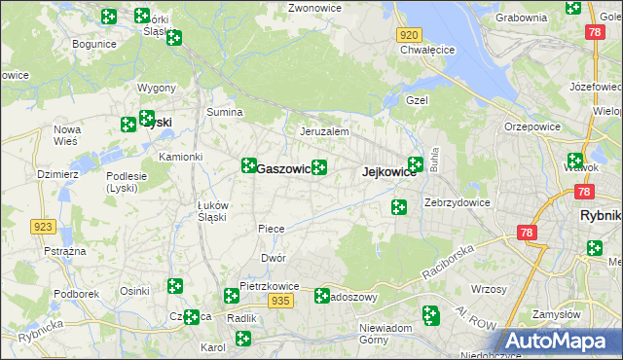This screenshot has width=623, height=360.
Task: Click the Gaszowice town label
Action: [x=283, y=169]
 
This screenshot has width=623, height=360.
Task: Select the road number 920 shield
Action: [x=409, y=34]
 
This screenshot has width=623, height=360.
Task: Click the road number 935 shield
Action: [x=281, y=302]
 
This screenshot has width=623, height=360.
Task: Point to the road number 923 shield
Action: [x=42, y=227]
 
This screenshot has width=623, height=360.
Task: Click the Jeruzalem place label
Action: [x=324, y=131]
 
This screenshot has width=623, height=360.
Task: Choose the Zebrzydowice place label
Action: [x=458, y=203]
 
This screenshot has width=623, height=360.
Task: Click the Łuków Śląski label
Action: [x=212, y=211]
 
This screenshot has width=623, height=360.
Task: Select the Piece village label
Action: [x=271, y=229]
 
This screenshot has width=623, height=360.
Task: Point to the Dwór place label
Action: [x=273, y=259]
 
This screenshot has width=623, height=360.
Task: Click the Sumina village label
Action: [x=224, y=113]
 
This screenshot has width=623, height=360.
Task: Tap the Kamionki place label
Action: [x=180, y=157]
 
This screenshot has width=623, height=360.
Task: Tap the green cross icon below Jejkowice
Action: [x=399, y=206]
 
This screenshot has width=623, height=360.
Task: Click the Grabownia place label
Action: [x=521, y=18]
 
